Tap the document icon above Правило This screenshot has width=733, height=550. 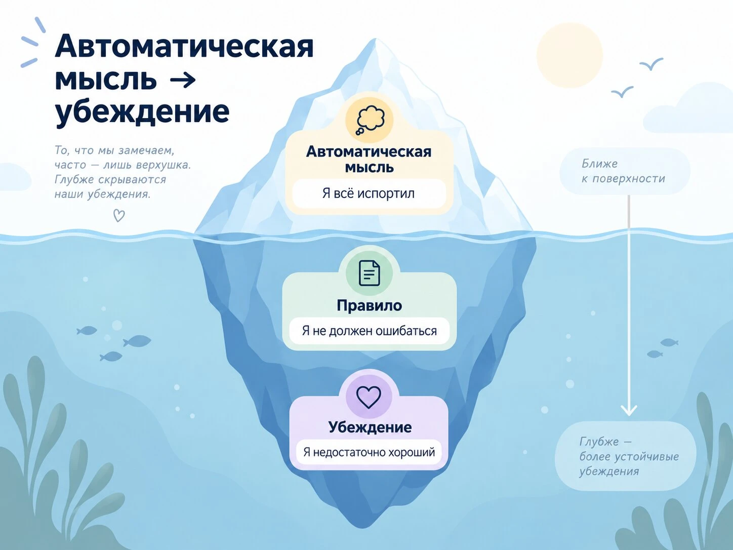coord(369,273)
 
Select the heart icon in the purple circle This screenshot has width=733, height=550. coord(369,397)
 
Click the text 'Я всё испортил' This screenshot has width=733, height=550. coord(369,193)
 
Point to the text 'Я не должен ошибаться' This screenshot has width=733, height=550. coord(370,331)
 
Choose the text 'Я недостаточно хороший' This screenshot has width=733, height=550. coord(369,452)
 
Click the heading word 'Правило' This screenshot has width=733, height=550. coord(370,305)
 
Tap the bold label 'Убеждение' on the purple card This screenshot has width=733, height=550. coord(370,427)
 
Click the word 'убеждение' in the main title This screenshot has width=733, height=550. coord(142,111)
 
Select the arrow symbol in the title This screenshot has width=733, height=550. coord(183,80)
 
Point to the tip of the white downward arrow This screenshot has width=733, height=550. coord(629,415)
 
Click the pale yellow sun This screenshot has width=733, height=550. coord(569,55)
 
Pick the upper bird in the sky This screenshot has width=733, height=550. coord(651,64)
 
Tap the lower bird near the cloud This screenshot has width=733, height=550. coord(623,92)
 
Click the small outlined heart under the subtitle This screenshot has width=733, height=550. coord(119,216)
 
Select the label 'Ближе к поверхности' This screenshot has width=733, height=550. coord(623,171)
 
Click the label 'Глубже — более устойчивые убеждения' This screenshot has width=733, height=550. coord(629,456)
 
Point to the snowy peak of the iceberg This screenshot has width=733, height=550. coord(375,40)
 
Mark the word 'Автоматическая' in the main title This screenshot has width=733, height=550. coord(184,47)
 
